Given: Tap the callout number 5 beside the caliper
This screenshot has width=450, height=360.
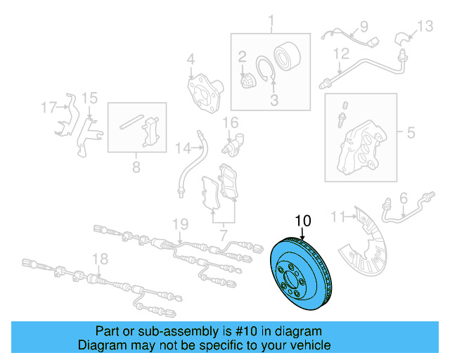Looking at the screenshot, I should tap(411, 131).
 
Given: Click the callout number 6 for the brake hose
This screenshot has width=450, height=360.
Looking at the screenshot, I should tap(403, 200).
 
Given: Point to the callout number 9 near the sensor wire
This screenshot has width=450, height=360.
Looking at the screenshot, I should tap(364, 27).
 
